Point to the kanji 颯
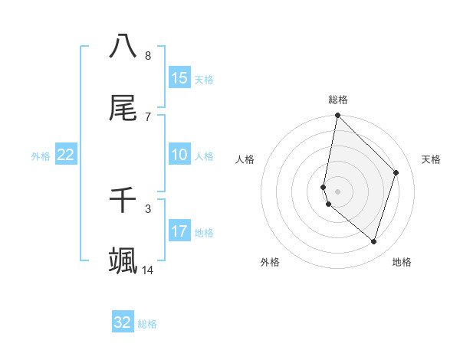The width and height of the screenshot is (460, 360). [123, 260]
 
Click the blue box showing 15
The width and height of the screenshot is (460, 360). [179, 78]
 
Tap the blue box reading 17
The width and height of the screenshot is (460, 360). [179, 231]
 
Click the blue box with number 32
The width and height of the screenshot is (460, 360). [123, 322]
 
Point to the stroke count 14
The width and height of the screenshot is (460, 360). [148, 270]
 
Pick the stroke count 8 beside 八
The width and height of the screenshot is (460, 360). [148, 55]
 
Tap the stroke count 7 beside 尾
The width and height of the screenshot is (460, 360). [148, 116]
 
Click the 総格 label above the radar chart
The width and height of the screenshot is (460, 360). [338, 100]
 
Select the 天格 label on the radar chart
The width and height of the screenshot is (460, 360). [432, 159]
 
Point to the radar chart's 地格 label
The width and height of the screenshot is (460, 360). [402, 262]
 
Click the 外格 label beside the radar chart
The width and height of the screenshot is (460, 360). [270, 262]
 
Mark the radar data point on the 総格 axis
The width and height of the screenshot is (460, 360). [337, 116]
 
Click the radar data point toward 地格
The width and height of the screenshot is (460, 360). [373, 241]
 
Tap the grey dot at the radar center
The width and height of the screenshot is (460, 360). [337, 191]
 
